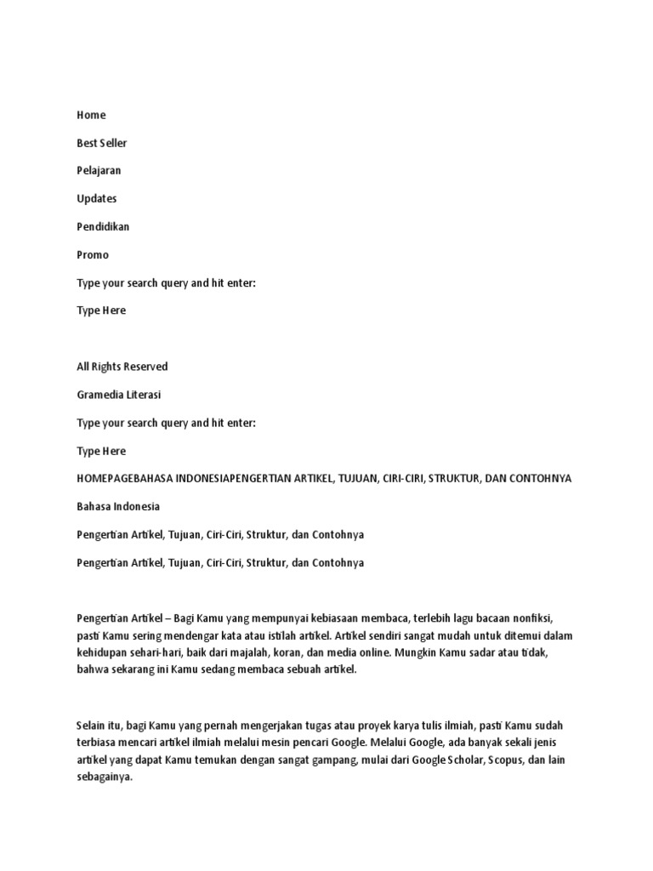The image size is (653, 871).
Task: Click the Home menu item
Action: [91, 115]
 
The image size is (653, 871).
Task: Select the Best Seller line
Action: [101, 143]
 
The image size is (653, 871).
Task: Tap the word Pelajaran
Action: [99, 170]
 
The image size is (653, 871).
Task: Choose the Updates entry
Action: [96, 198]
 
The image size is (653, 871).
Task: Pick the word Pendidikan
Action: [103, 226]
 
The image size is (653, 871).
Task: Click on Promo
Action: [93, 254]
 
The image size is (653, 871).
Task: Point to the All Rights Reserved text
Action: [122, 367]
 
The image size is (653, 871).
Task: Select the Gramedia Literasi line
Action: [118, 395]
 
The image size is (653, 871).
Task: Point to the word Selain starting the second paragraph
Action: [92, 725]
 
